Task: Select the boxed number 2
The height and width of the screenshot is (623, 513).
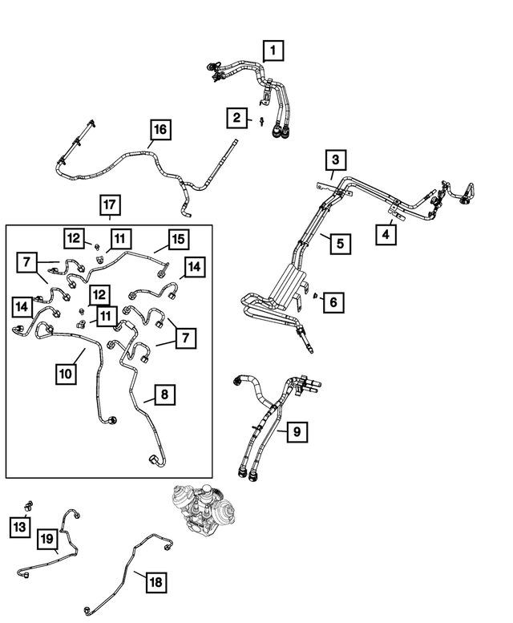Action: point(236,119)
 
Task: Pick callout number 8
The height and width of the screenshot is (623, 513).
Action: point(163,394)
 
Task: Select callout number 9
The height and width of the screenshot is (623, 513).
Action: point(296,432)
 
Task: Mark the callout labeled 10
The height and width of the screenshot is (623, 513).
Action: point(67,374)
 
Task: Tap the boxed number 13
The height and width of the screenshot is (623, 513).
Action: point(20,526)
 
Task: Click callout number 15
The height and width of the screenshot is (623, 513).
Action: point(176,239)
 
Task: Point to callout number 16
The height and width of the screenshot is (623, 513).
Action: point(160,128)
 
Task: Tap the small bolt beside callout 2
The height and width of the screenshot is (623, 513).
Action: point(262,120)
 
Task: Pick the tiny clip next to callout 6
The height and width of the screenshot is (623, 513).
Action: point(317,296)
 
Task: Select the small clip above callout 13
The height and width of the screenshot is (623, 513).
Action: point(29,505)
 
